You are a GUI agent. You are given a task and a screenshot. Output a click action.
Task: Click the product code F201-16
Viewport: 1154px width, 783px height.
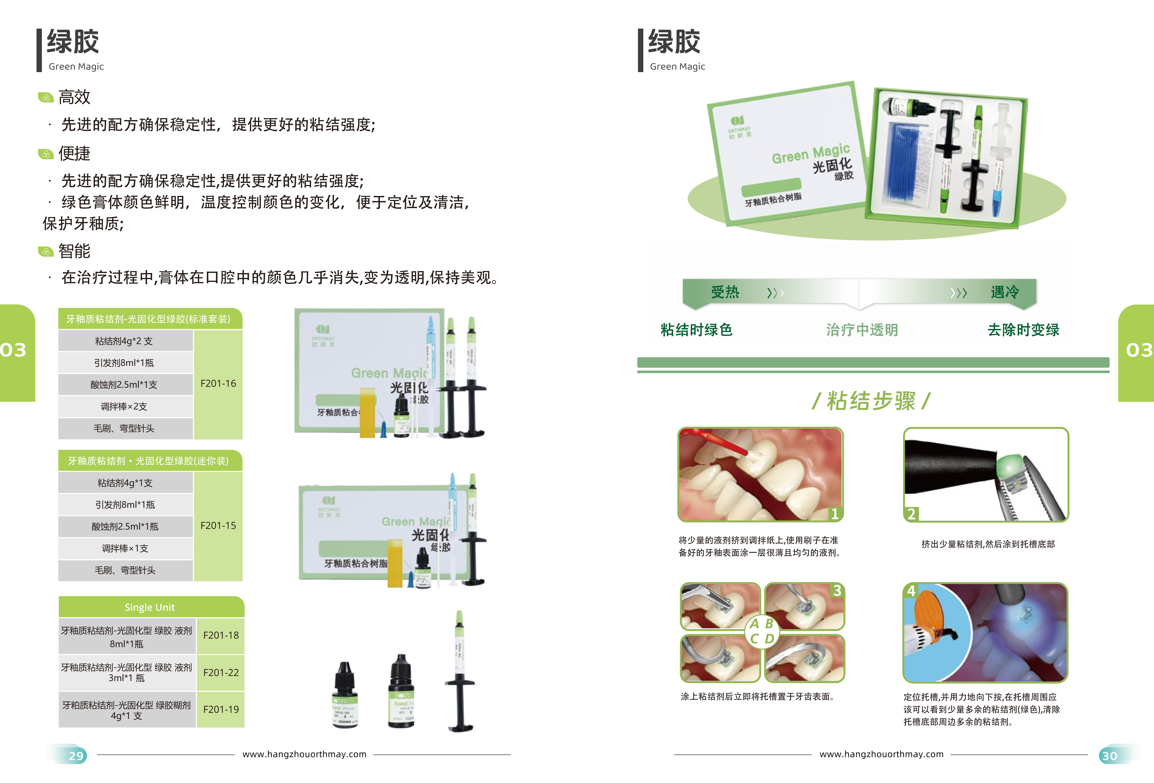pyautogui.click(x=218, y=383)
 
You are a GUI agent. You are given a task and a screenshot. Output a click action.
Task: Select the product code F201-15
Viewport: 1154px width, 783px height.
pyautogui.click(x=218, y=525)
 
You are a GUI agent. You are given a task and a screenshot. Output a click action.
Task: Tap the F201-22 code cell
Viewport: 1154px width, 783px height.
pyautogui.click(x=221, y=672)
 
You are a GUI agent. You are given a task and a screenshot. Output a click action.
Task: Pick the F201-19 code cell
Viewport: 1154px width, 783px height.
pyautogui.click(x=221, y=709)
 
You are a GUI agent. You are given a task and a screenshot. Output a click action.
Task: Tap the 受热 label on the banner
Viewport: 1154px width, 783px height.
pyautogui.click(x=725, y=292)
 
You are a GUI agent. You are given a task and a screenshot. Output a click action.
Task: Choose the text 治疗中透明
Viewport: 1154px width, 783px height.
pyautogui.click(x=862, y=330)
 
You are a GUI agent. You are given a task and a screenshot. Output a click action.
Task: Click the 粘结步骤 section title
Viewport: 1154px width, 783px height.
pyautogui.click(x=871, y=401)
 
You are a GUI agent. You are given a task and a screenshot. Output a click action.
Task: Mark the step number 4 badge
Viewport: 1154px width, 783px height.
pyautogui.click(x=911, y=591)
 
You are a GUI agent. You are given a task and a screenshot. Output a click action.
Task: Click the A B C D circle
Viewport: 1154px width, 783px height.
pyautogui.click(x=762, y=631)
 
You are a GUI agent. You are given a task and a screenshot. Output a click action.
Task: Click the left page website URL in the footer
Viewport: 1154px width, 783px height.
pyautogui.click(x=304, y=754)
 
